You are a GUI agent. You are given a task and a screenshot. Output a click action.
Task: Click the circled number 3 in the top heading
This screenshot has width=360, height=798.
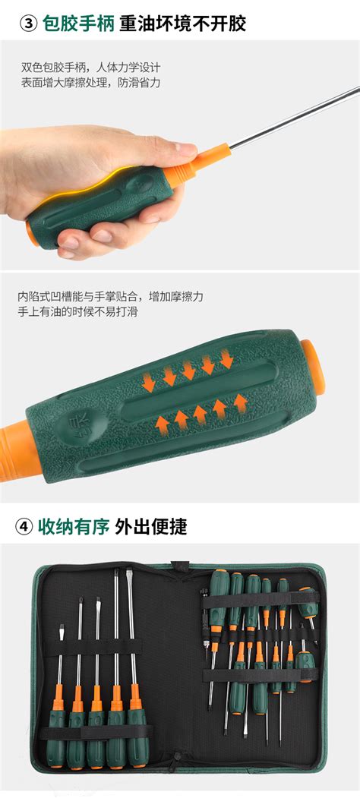pyautogui.click(x=29, y=24)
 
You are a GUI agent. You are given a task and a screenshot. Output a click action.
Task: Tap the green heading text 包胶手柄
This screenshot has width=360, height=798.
pyautogui.click(x=79, y=24)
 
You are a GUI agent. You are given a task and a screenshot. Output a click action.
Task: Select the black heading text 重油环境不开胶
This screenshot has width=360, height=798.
pyautogui.click(x=183, y=24)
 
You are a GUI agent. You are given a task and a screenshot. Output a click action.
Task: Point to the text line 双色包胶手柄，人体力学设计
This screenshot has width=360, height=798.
pyautogui.click(x=90, y=67)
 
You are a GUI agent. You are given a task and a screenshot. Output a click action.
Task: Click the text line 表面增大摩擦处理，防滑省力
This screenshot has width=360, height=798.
pyautogui.click(x=90, y=82)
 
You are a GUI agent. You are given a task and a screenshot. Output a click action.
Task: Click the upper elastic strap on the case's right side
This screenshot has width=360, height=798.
pyautogui.click(x=262, y=599)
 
